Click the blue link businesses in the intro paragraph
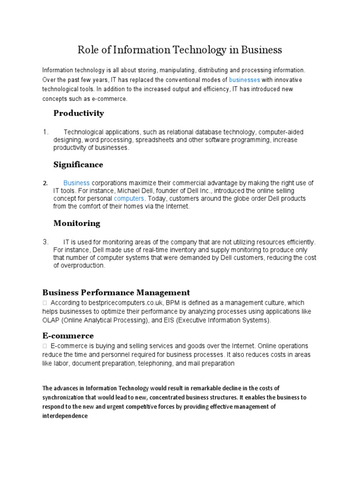(x=244, y=80)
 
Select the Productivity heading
(x=79, y=113)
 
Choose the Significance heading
(x=78, y=165)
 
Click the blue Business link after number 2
(x=76, y=183)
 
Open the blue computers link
(x=129, y=199)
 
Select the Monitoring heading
(x=77, y=223)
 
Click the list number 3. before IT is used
(x=45, y=242)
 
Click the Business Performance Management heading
(x=116, y=292)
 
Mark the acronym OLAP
(x=51, y=320)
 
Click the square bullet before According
(x=45, y=303)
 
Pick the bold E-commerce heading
(x=68, y=336)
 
